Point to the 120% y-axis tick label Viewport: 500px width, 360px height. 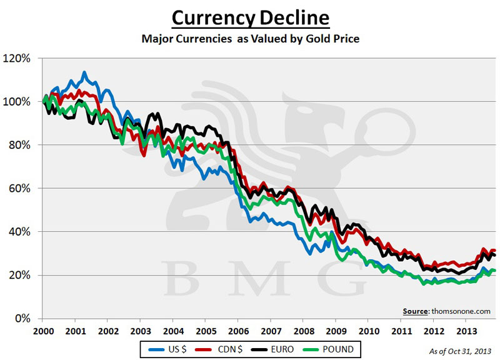(26, 58)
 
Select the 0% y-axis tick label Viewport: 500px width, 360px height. (31, 319)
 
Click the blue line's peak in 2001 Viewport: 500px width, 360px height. (84, 72)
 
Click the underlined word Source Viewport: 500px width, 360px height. (416, 311)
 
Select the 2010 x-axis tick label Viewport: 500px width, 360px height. (369, 330)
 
